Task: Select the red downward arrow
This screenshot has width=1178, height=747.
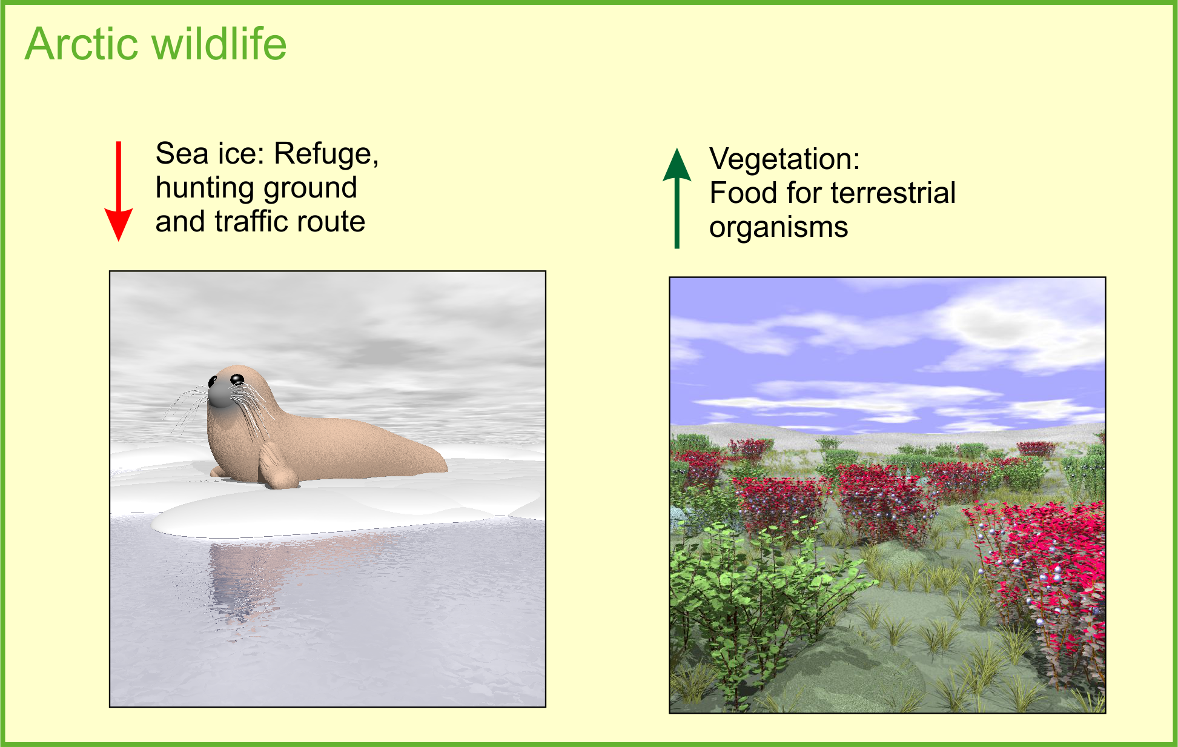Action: click(119, 191)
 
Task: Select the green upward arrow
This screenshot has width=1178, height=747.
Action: click(677, 198)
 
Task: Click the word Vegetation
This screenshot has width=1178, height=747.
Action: click(785, 160)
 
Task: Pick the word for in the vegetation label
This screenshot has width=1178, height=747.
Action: click(800, 193)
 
